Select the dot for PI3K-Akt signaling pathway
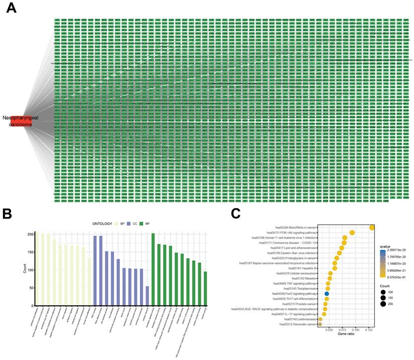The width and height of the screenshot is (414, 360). pos(352,233)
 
